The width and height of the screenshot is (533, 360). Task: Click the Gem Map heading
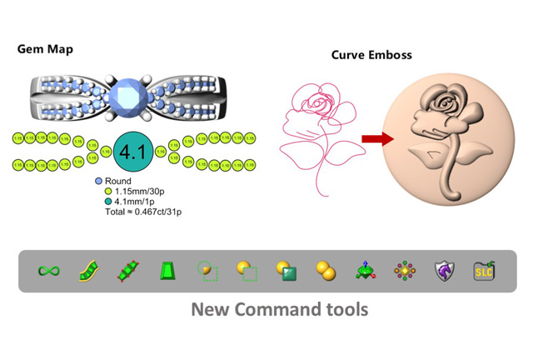click(45, 49)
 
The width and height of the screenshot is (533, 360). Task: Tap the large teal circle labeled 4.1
click(132, 152)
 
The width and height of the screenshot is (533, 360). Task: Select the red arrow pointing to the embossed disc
click(376, 140)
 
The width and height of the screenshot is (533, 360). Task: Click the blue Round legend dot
click(99, 181)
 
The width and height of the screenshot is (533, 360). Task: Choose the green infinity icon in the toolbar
click(48, 271)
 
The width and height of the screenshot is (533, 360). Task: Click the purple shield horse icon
click(444, 271)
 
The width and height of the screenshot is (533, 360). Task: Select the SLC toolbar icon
click(483, 271)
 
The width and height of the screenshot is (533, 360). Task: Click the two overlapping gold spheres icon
click(326, 271)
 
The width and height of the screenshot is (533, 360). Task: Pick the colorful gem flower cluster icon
click(405, 271)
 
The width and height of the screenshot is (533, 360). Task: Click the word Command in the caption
click(281, 310)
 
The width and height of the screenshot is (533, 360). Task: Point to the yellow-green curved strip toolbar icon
click(88, 271)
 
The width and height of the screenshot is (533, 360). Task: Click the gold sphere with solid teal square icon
click(286, 271)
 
